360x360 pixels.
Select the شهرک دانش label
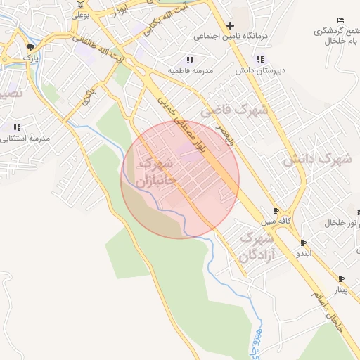316,160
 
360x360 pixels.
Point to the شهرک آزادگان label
255,247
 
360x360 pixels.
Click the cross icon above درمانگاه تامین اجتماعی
230,25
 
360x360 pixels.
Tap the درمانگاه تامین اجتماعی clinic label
224,36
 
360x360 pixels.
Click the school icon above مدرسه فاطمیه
189,60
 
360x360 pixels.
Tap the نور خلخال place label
345,223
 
